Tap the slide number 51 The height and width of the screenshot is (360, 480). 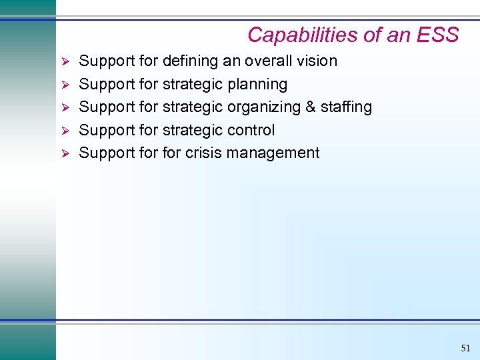click(x=465, y=348)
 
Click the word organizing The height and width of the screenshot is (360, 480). click(x=264, y=107)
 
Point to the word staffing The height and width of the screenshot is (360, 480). click(x=347, y=107)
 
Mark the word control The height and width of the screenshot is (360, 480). click(x=251, y=130)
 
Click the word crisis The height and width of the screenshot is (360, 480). click(x=203, y=153)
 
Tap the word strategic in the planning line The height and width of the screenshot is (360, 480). click(x=193, y=85)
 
